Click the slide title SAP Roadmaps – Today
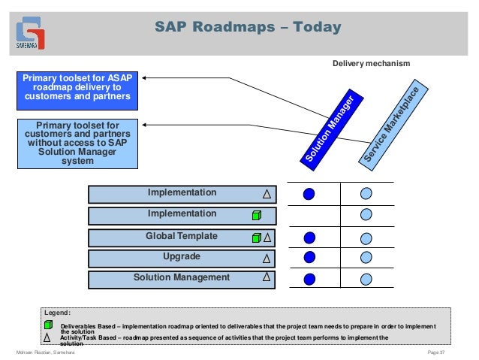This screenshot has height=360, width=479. pyautogui.click(x=248, y=28)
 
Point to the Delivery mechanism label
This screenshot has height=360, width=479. pyautogui.click(x=371, y=64)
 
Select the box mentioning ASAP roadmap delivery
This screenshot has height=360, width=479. pyautogui.click(x=77, y=88)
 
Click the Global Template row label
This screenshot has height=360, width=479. pyautogui.click(x=181, y=237)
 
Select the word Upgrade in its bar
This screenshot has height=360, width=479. pyautogui.click(x=181, y=257)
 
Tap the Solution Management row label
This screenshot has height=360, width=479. pyautogui.click(x=181, y=278)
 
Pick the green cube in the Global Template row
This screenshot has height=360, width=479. pyautogui.click(x=256, y=237)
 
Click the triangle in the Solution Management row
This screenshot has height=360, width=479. pyautogui.click(x=267, y=277)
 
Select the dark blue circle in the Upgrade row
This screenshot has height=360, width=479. pyautogui.click(x=309, y=258)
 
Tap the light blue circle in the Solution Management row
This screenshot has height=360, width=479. pyautogui.click(x=366, y=279)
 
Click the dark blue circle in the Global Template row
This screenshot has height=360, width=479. pyautogui.click(x=309, y=237)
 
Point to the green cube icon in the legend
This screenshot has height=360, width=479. pyautogui.click(x=48, y=325)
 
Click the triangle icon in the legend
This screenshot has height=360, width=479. pyautogui.click(x=48, y=337)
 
